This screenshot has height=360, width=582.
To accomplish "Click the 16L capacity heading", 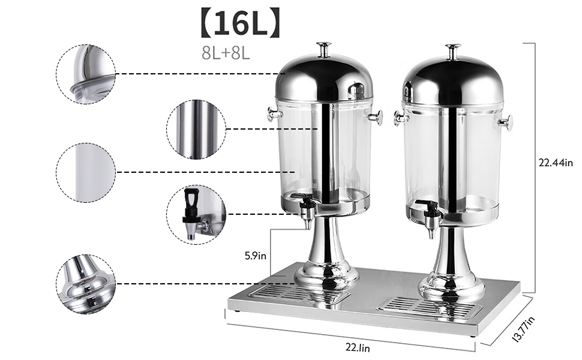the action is coord(240,23).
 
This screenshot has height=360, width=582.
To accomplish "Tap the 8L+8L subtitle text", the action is coord(226,53).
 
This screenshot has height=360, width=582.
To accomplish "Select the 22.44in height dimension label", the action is coord(556,163).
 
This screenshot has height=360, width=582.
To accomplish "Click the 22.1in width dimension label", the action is coord(358,348).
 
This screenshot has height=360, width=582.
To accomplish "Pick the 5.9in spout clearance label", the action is coord(256,256).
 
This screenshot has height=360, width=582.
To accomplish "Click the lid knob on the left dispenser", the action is coord(323,50).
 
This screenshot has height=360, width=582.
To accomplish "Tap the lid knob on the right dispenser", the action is coord(453,52).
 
